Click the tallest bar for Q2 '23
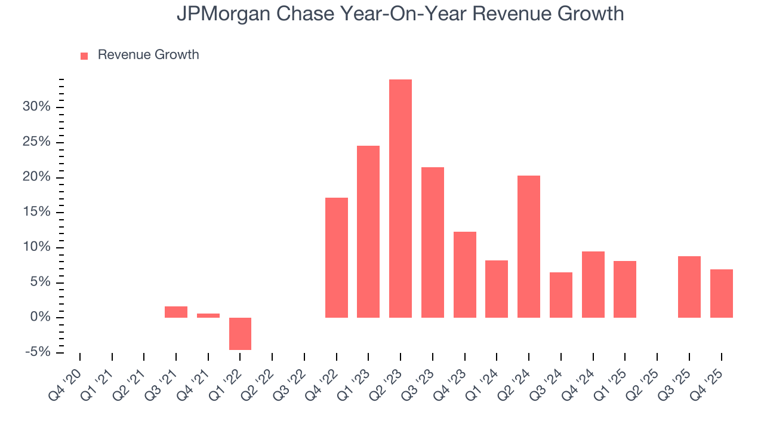pyautogui.click(x=400, y=198)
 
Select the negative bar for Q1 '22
pyautogui.click(x=240, y=333)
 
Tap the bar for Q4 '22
pyautogui.click(x=336, y=257)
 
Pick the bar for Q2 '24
pyautogui.click(x=528, y=246)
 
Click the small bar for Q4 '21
pyautogui.click(x=208, y=315)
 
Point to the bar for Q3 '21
pyautogui.click(x=176, y=312)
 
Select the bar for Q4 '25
pyautogui.click(x=721, y=293)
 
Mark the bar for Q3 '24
pyautogui.click(x=560, y=294)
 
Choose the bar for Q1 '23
pyautogui.click(x=368, y=231)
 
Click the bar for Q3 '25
pyautogui.click(x=689, y=287)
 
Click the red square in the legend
pyautogui.click(x=84, y=56)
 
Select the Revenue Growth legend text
pyautogui.click(x=148, y=55)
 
